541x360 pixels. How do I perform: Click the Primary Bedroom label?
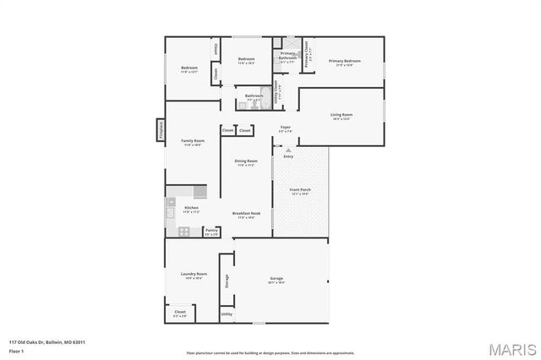pyautogui.click(x=344, y=62)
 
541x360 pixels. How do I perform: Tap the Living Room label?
pyautogui.click(x=342, y=115)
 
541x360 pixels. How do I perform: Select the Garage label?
pyautogui.click(x=276, y=279)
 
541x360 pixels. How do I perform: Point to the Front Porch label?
pyautogui.click(x=300, y=190)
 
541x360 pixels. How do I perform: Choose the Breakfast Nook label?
pyautogui.click(x=249, y=214)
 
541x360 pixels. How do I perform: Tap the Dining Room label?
pyautogui.click(x=246, y=161)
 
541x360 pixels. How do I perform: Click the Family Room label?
pyautogui.click(x=193, y=141)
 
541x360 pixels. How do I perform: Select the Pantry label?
pyautogui.click(x=211, y=231)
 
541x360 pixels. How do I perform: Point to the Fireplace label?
pyautogui.click(x=159, y=130)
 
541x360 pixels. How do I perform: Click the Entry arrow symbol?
pyautogui.click(x=288, y=150)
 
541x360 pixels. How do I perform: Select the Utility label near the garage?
pyautogui.click(x=227, y=314)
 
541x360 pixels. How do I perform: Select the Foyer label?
pyautogui.click(x=286, y=128)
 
